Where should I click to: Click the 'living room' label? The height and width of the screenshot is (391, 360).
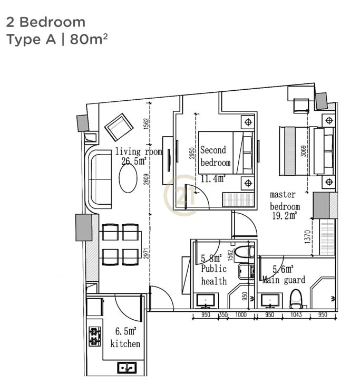[x=139, y=151]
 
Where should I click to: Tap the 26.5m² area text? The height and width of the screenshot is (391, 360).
[x=133, y=161]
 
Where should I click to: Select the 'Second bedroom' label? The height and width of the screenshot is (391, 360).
[x=215, y=156]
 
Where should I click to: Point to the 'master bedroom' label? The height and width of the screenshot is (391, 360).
[x=285, y=201]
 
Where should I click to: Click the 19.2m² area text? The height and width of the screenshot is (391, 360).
[x=284, y=215]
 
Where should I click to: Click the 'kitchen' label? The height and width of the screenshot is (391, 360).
[x=125, y=344]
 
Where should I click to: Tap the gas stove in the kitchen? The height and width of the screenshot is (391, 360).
[x=95, y=336]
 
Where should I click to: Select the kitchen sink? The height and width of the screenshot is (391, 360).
[x=127, y=368]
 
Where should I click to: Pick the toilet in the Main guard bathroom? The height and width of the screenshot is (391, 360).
[x=296, y=299]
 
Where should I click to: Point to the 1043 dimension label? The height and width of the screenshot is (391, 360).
[x=296, y=314]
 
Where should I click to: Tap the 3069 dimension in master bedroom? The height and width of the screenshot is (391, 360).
[x=303, y=151]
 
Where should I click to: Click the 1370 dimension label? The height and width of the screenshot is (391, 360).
[x=308, y=236]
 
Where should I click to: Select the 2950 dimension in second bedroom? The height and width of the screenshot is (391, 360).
[x=191, y=154]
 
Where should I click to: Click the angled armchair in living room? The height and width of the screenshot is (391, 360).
[x=119, y=127]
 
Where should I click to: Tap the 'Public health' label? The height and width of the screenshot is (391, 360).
[x=214, y=275]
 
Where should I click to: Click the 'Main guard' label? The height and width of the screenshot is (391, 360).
[x=284, y=280]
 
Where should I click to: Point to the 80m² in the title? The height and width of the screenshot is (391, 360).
[x=89, y=40]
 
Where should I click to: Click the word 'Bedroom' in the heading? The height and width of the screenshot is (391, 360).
[x=52, y=22]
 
